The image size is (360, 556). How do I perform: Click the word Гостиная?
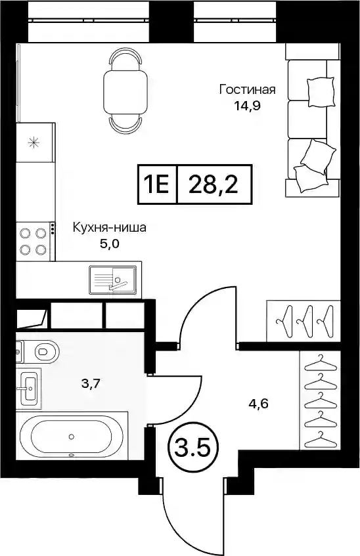click(x=247, y=89)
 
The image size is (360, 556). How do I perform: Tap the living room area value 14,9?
click(x=248, y=106)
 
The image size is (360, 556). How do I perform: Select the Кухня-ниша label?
click(x=109, y=227)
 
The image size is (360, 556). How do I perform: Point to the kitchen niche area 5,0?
click(x=109, y=244)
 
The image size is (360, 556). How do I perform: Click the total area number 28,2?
click(x=214, y=184)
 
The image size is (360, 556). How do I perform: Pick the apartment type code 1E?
click(x=156, y=184)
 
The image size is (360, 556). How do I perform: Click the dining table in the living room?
click(x=125, y=91)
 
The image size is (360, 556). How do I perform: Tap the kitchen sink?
click(x=112, y=280)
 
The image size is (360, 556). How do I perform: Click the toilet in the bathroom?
click(x=43, y=352)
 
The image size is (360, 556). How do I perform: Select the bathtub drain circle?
click(x=72, y=437)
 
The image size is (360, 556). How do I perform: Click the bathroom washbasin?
click(x=28, y=389)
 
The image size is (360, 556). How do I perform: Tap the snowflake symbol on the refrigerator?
click(x=34, y=142)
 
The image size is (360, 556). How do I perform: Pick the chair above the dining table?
click(x=125, y=58)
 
